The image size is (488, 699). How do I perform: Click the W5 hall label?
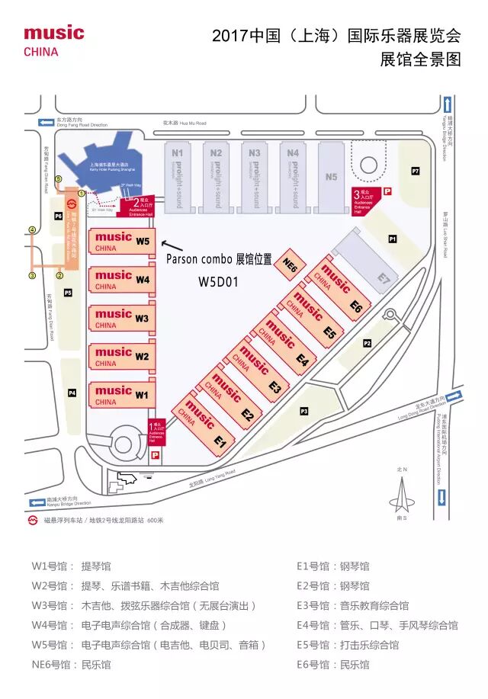[143, 242]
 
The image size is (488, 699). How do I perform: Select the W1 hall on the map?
[122, 394]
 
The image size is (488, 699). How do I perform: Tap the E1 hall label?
[220, 441]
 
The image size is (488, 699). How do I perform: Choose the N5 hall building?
[331, 176]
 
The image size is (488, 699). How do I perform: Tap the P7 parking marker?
[416, 171]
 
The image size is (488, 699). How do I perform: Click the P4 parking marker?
[72, 393]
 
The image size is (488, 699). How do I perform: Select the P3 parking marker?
[303, 412]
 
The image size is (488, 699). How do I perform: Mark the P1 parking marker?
[393, 239]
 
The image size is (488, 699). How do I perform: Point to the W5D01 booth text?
[219, 281]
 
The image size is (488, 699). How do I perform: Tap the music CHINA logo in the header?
[53, 40]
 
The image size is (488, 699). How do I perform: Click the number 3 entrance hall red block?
[361, 200]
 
